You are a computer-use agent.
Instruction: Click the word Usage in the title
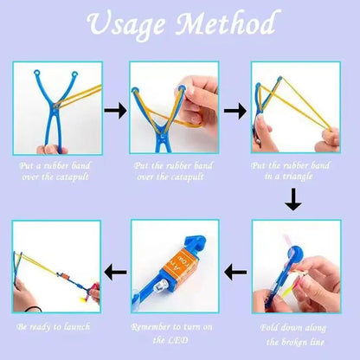click(x=126, y=24)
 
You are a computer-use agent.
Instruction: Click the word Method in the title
click(x=226, y=22)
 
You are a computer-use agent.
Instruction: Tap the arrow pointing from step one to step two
click(x=115, y=111)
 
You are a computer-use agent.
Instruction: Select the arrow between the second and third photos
click(x=235, y=111)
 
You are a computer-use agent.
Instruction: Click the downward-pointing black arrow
click(x=293, y=199)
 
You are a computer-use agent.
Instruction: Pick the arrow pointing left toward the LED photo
click(x=235, y=272)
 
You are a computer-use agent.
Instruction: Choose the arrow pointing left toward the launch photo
click(x=115, y=272)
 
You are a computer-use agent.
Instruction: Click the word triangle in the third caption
click(x=296, y=177)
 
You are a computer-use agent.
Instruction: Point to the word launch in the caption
click(x=77, y=327)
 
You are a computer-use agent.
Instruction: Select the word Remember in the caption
click(x=151, y=327)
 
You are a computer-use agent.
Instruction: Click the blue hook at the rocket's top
click(x=196, y=243)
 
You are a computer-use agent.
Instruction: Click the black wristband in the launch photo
click(x=32, y=309)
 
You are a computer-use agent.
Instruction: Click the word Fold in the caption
click(x=269, y=328)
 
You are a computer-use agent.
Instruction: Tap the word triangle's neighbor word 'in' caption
click(x=268, y=176)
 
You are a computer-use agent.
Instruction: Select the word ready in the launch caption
click(x=42, y=327)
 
